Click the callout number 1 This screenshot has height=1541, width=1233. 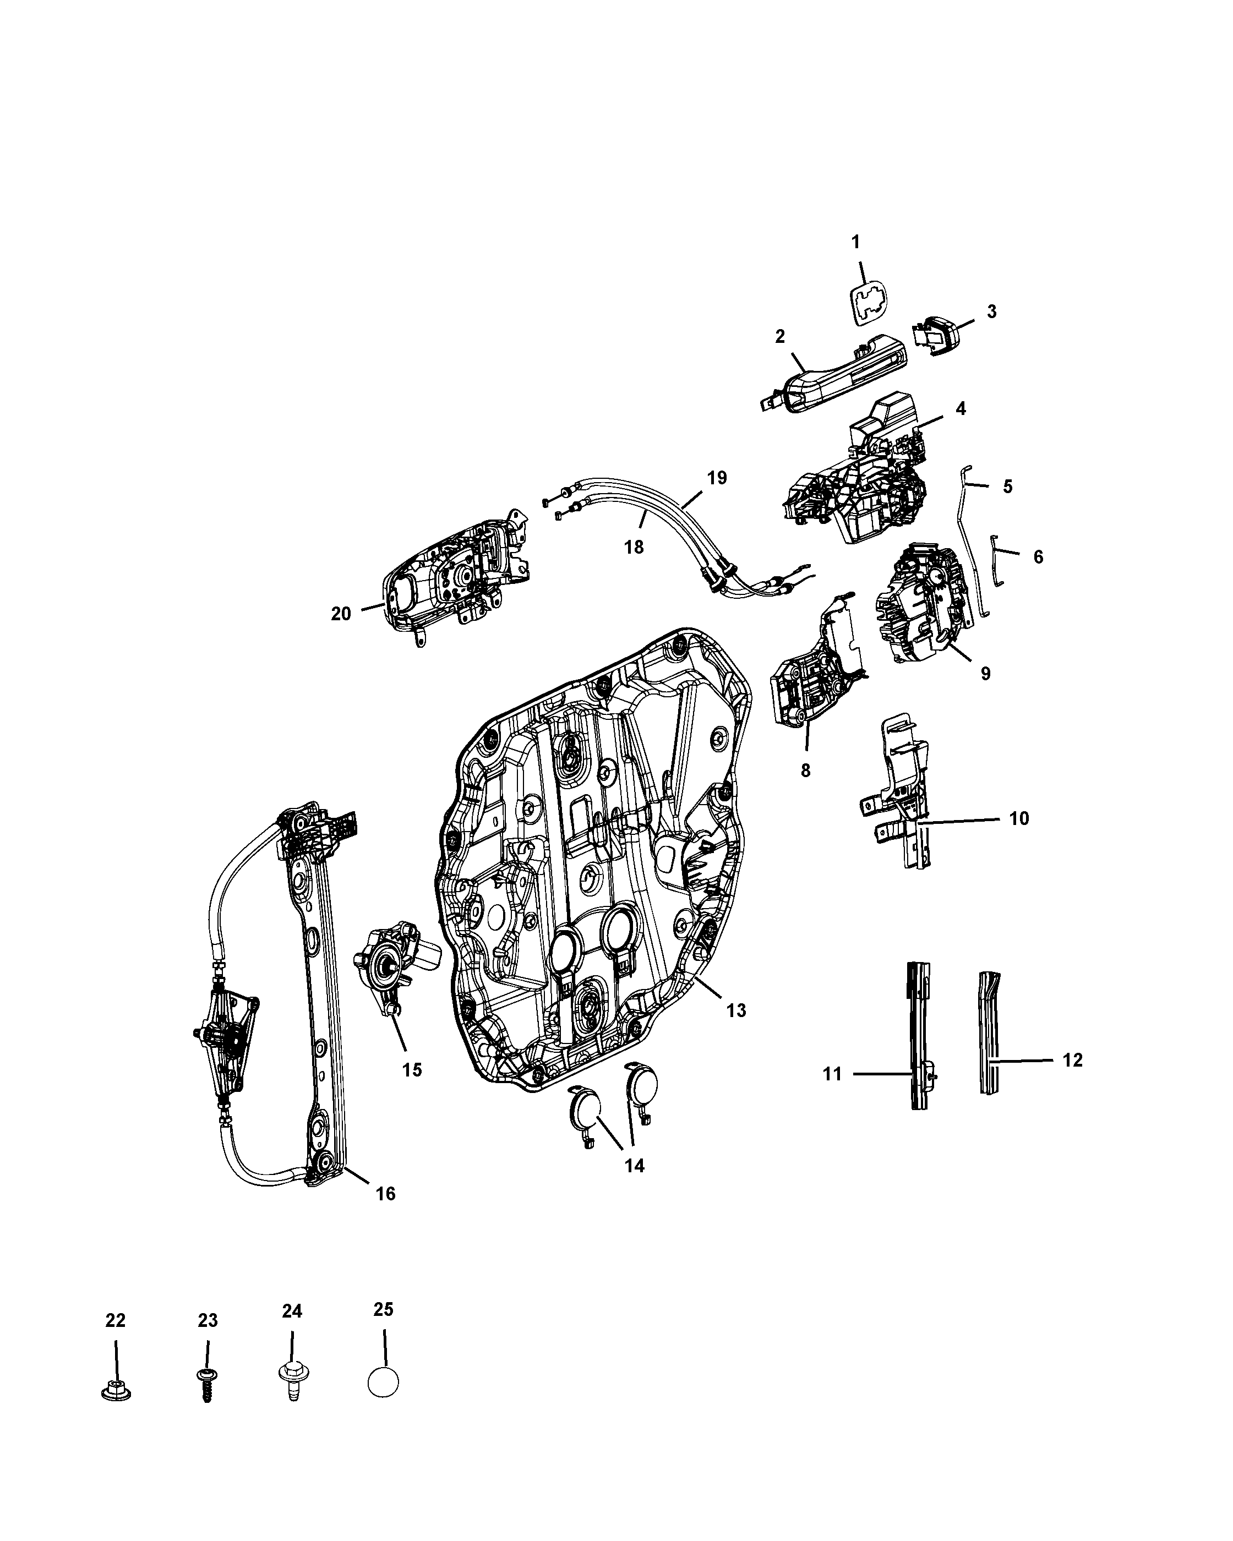click(855, 242)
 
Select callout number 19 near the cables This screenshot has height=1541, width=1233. click(717, 478)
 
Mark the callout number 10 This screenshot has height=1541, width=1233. click(1018, 818)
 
